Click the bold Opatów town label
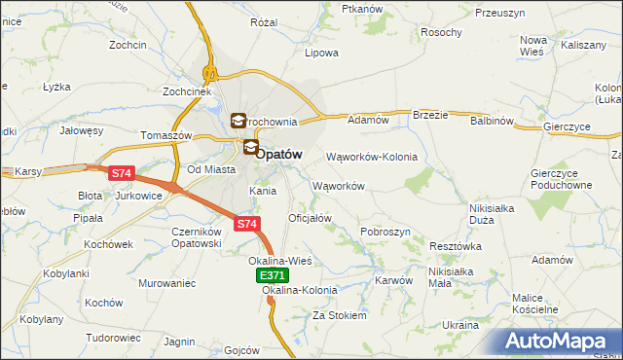pyautogui.click(x=278, y=154)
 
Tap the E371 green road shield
pyautogui.click(x=272, y=276)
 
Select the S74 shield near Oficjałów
pyautogui.click(x=247, y=225)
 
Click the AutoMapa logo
pyautogui.click(x=559, y=341)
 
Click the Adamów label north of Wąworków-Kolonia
pyautogui.click(x=368, y=121)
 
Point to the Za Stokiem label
pyautogui.click(x=339, y=315)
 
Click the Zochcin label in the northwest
pyautogui.click(x=128, y=45)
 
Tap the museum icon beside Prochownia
pyautogui.click(x=238, y=122)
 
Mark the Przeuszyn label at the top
pyautogui.click(x=500, y=13)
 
